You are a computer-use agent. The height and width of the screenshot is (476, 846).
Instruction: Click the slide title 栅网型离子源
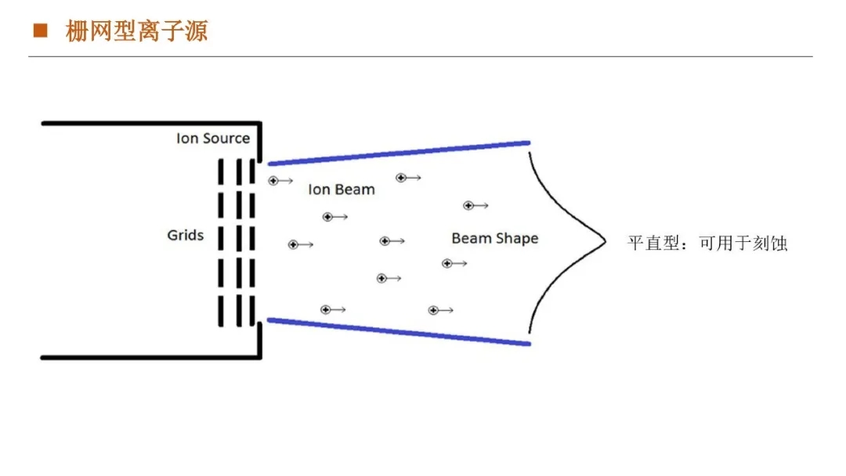point(137,32)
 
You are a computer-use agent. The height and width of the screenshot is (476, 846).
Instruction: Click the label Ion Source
point(212,139)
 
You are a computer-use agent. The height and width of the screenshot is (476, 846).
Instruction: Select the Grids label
point(186,235)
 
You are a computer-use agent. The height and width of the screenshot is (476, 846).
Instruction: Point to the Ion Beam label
point(342,189)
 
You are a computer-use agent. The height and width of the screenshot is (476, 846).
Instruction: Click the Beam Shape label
point(495,238)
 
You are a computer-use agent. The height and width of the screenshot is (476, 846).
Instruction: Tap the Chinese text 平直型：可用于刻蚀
point(707,243)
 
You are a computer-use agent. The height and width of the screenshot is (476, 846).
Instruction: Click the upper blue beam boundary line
point(399,153)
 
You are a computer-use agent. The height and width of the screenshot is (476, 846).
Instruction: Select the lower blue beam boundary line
point(399,331)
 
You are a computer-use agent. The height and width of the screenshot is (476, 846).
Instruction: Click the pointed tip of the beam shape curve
point(605,242)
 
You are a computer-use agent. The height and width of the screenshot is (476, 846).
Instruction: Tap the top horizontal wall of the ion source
point(149,123)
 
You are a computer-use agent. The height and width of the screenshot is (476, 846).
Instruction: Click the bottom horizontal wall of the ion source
point(149,358)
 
